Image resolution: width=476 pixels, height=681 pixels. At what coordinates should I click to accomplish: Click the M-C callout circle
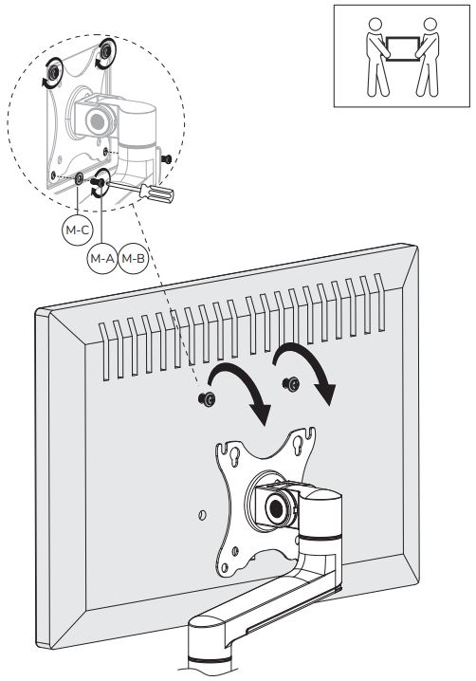(78, 230)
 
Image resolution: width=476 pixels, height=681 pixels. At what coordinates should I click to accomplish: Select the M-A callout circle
(102, 258)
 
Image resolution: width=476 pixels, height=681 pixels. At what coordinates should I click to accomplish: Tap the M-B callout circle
(133, 258)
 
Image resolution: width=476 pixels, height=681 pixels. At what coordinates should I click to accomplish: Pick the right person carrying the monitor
(427, 57)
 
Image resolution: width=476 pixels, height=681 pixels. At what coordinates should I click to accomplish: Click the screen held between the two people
(403, 49)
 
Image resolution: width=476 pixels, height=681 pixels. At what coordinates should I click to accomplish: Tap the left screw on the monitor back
(207, 398)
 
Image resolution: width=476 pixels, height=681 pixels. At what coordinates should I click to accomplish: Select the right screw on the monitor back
(290, 383)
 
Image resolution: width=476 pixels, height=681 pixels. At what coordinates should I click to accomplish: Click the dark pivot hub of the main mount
(275, 506)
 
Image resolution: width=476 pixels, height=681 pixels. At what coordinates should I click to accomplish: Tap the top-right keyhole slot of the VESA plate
(298, 444)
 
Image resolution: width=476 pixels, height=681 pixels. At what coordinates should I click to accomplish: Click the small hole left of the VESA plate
(202, 515)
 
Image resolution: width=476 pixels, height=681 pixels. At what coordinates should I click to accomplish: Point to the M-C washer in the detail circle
(80, 178)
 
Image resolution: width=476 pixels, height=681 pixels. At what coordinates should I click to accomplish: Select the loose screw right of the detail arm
(166, 159)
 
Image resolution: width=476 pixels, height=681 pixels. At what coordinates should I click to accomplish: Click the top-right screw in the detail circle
(105, 52)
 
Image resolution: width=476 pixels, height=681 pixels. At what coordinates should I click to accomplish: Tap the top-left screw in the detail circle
(53, 72)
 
